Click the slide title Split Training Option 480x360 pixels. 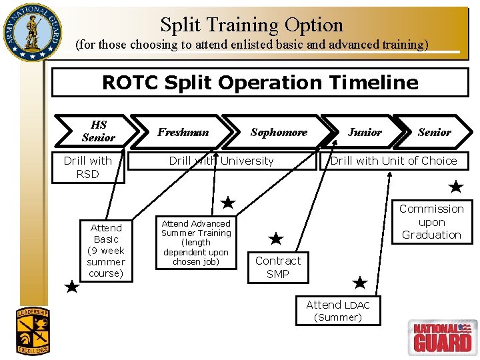(251, 25)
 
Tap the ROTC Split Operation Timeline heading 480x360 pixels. (260, 83)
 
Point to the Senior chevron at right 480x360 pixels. (434, 132)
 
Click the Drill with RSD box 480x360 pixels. (87, 167)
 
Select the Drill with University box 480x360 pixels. (221, 161)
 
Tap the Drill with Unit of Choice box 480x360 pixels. (393, 161)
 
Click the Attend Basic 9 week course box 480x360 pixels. (106, 251)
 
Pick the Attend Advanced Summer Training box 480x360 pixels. (196, 243)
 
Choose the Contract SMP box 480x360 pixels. (278, 267)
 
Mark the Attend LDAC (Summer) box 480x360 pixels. (338, 311)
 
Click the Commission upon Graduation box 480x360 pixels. (431, 222)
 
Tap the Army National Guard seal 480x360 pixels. (31, 32)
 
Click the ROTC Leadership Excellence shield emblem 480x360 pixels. (33, 330)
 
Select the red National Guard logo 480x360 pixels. (442, 337)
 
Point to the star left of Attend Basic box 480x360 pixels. (72, 287)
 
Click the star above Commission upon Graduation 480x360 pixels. (456, 187)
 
